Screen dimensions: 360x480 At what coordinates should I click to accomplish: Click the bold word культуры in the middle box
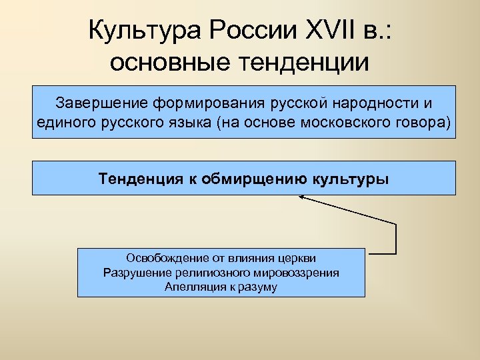coord(352,179)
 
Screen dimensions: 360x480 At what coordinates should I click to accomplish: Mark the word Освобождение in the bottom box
coord(161,258)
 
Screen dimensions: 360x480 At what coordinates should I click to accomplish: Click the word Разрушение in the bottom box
coord(134,273)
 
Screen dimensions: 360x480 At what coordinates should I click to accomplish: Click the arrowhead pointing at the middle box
coord(302,197)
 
